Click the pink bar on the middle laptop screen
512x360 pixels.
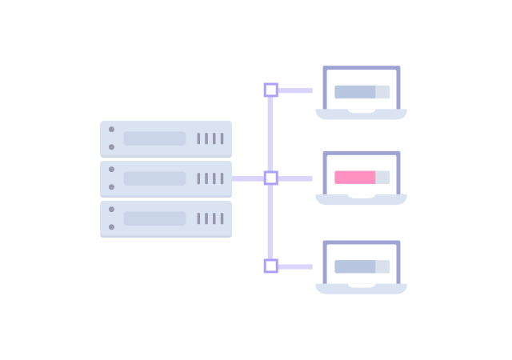coord(355,178)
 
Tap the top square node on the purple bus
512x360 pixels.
coord(270,90)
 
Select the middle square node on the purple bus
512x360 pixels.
coord(270,178)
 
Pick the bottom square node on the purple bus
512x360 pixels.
coord(270,266)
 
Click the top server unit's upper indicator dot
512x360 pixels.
coord(111,129)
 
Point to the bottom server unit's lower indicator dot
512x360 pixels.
coord(111,227)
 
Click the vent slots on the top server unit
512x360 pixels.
coord(210,138)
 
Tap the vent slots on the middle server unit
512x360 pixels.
coord(210,178)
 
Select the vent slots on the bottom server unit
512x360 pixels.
coord(210,218)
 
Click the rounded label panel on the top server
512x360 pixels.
coord(154,138)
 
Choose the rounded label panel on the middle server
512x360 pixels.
coord(154,178)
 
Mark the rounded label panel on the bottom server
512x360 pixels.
coord(154,218)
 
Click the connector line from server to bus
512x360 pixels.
coord(248,178)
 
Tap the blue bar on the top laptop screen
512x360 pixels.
coord(355,92)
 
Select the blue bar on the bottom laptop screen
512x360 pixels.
coord(355,266)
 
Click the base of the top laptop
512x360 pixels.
coord(360,115)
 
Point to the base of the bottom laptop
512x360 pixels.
coord(360,289)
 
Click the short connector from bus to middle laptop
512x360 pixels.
coord(309,178)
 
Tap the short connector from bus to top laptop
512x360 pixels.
coord(309,90)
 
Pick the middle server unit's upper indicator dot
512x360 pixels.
coord(111,169)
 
